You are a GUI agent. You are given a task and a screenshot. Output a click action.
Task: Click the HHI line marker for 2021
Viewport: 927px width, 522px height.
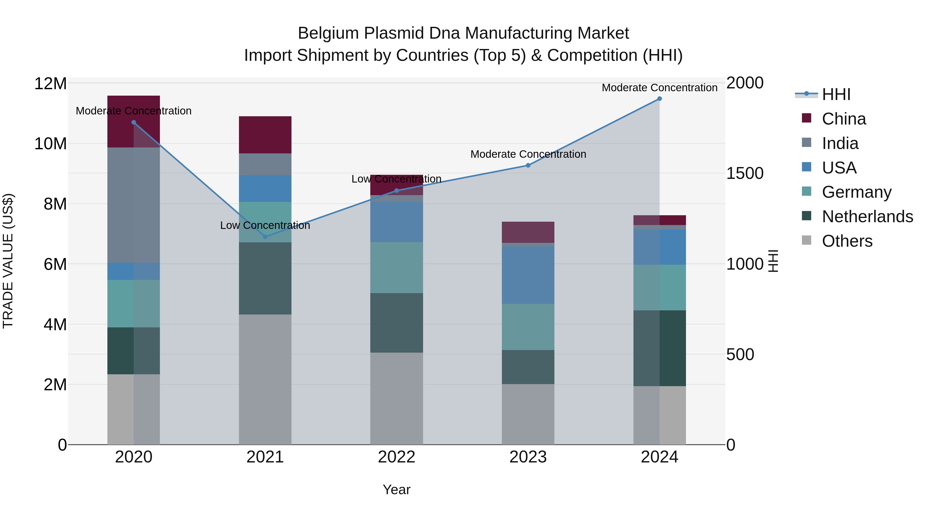click(265, 237)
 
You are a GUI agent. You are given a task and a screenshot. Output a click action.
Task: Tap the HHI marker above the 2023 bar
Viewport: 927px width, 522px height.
click(528, 165)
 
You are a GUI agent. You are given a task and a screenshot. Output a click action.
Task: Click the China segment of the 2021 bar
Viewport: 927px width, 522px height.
click(265, 135)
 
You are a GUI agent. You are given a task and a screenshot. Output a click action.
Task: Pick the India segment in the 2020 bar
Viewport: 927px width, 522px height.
click(133, 205)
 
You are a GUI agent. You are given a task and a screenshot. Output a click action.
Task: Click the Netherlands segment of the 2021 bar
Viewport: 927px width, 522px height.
click(265, 278)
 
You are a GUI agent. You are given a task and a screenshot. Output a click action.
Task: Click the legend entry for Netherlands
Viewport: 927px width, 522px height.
click(867, 217)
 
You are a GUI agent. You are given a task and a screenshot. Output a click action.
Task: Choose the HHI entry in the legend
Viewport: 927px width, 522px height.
click(836, 94)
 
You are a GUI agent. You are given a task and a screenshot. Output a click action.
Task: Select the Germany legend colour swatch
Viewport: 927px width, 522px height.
click(806, 191)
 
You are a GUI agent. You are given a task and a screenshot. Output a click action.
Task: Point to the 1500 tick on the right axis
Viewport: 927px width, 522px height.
click(744, 173)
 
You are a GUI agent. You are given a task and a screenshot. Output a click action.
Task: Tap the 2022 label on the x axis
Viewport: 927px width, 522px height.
click(397, 457)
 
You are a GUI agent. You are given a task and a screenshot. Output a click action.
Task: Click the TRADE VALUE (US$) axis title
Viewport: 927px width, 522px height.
click(8, 261)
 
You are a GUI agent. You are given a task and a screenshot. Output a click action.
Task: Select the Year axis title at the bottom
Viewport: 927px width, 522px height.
click(397, 490)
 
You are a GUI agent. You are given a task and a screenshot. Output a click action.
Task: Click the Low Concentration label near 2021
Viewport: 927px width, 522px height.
click(265, 226)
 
